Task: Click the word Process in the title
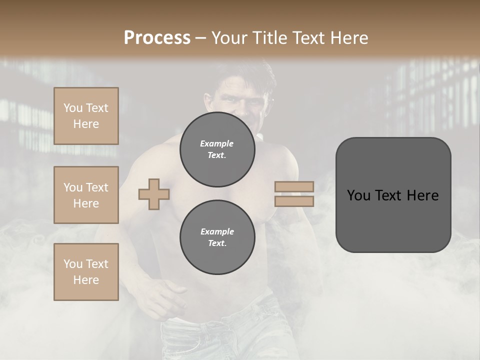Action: (157, 38)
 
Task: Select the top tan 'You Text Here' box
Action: (86, 116)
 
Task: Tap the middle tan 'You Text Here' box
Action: (86, 195)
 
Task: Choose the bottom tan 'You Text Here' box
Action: (86, 272)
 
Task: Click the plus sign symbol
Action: (154, 194)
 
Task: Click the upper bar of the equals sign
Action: (294, 187)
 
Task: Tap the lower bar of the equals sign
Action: (294, 201)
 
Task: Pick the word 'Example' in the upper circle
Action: (217, 143)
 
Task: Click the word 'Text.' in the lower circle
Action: (217, 243)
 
